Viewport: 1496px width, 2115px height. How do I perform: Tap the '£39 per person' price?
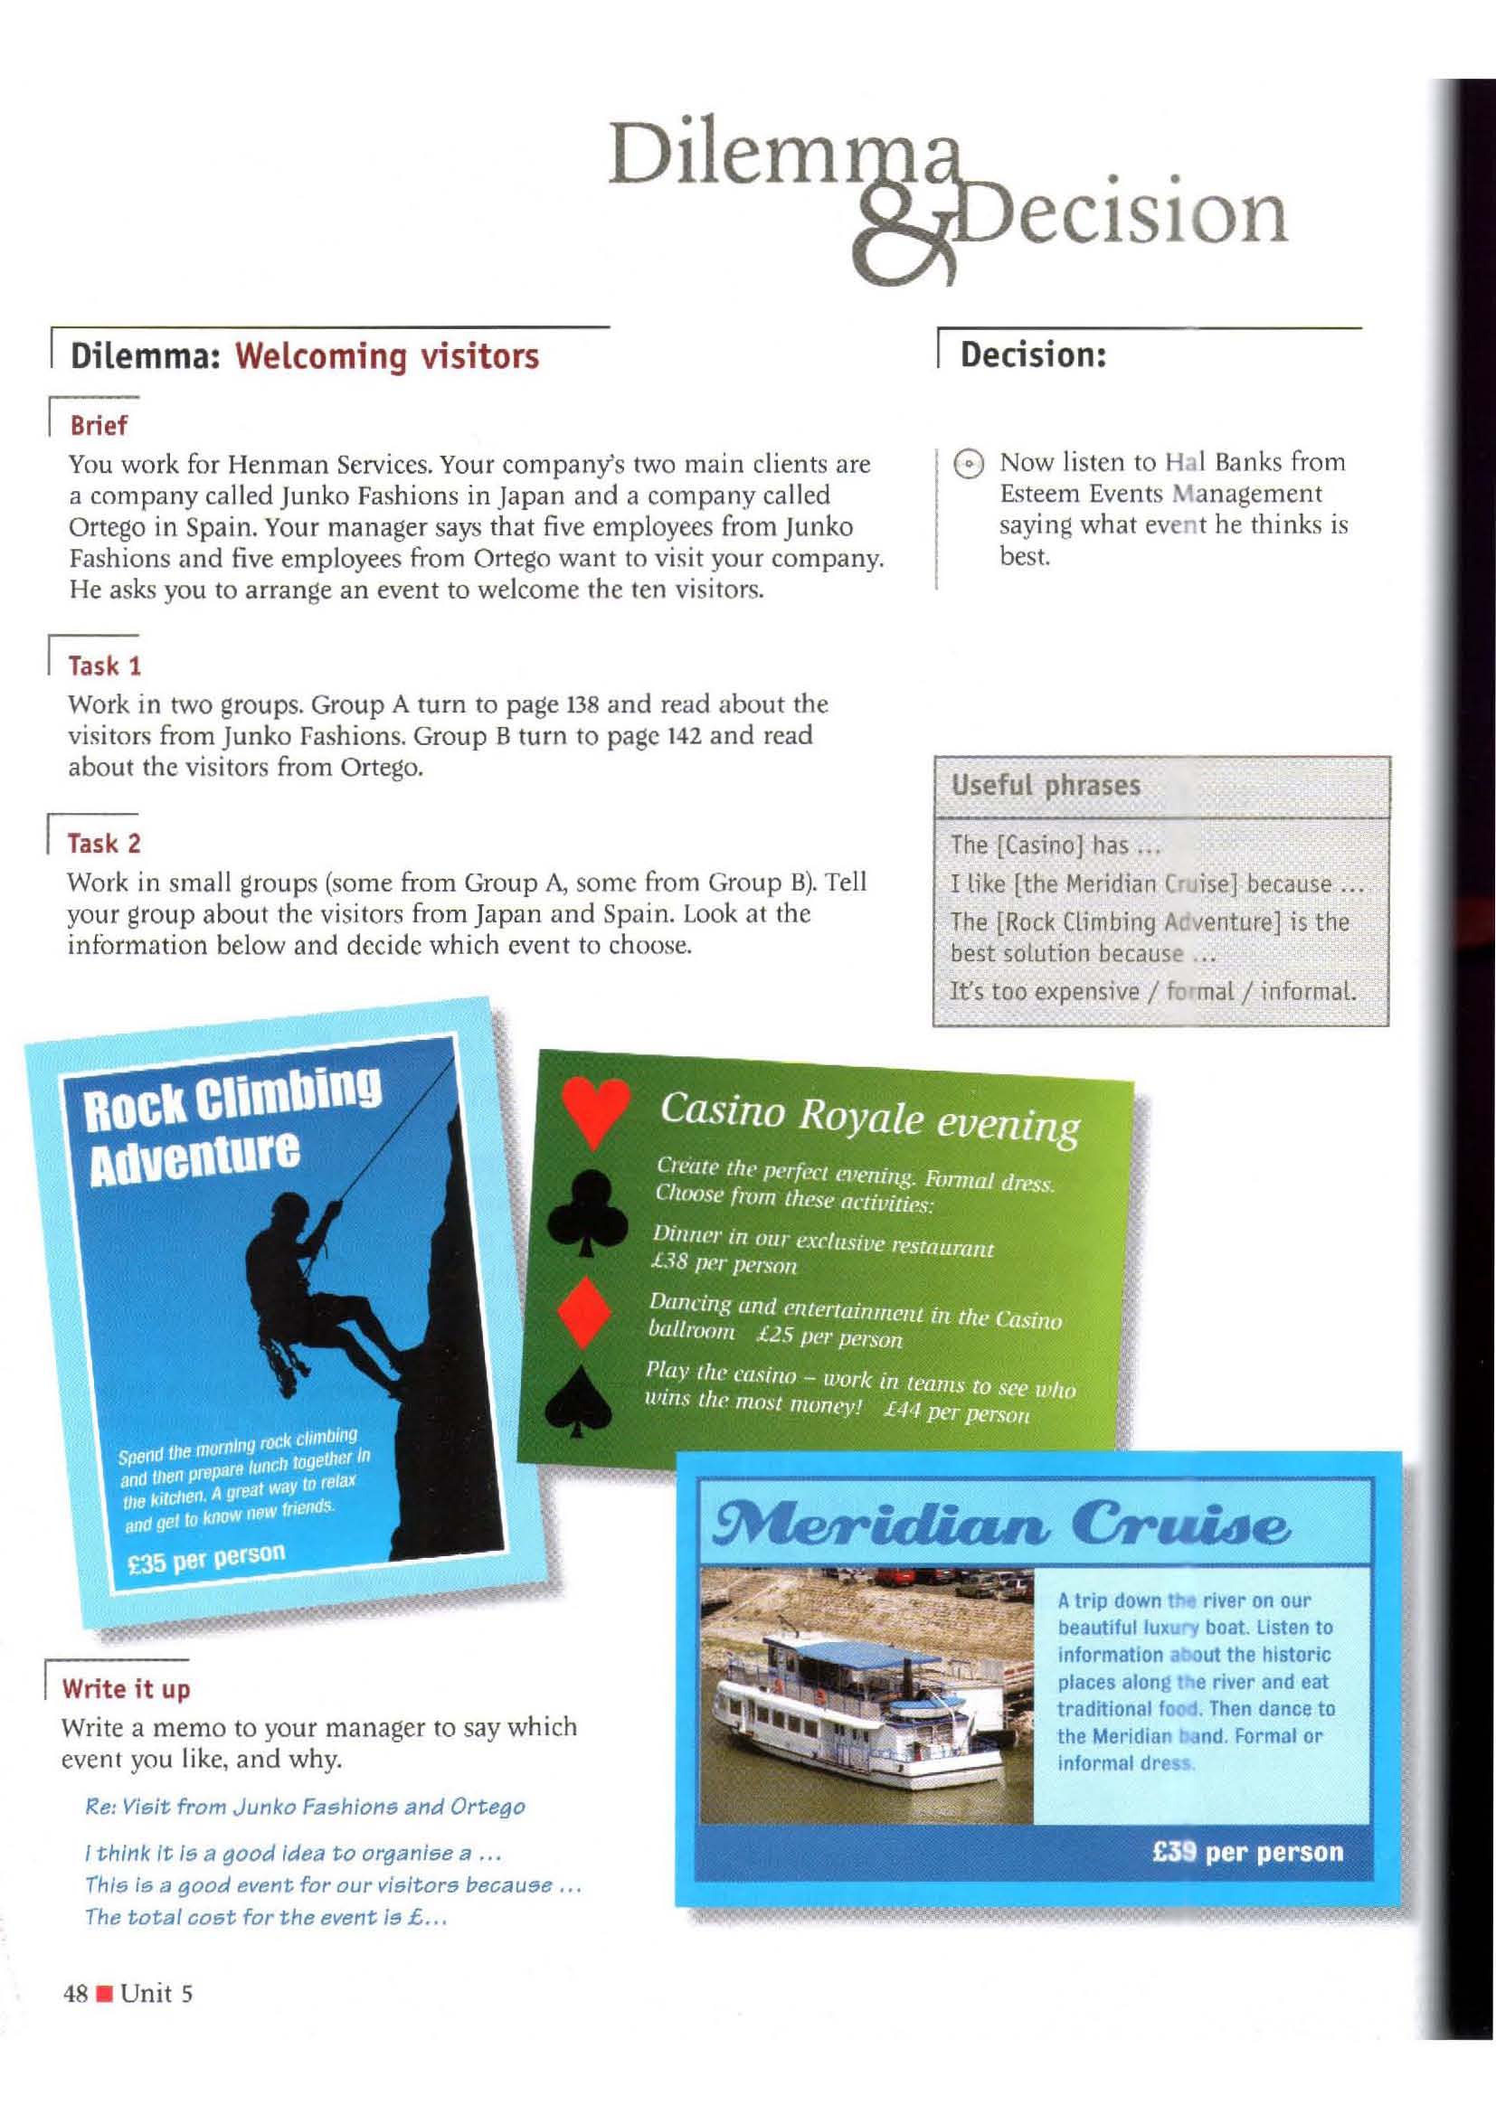click(1247, 1852)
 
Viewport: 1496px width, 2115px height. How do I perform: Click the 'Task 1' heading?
click(104, 666)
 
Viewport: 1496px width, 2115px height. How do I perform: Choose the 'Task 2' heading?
click(104, 843)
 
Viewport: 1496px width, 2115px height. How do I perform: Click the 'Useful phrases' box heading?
click(1046, 785)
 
